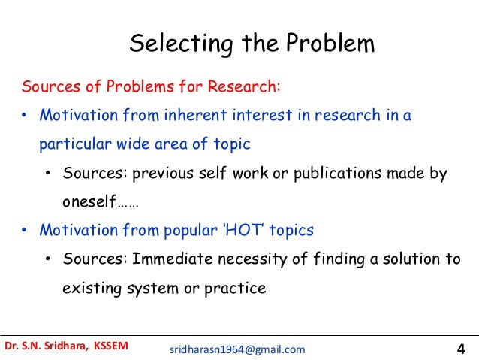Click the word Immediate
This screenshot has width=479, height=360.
170,259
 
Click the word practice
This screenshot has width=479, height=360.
239,288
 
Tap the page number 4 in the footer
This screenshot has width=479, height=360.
460,348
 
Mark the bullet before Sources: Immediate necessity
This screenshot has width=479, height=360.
47,260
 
